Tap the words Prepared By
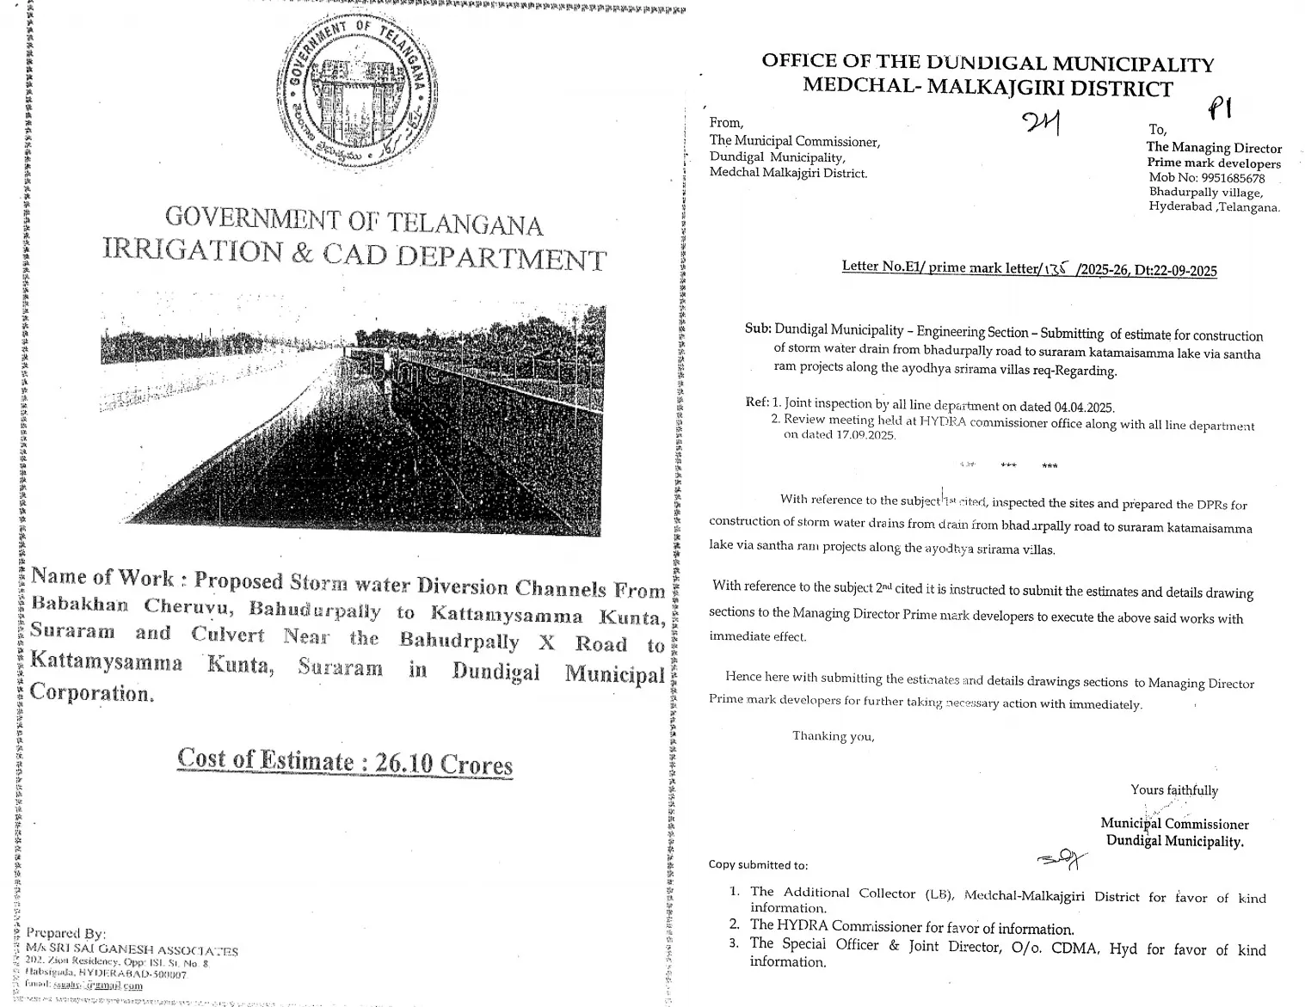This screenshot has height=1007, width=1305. click(66, 933)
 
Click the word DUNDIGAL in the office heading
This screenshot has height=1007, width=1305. click(985, 63)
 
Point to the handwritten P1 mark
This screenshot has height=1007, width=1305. click(1220, 110)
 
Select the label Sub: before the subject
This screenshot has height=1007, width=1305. click(758, 329)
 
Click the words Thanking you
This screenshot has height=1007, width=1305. click(833, 736)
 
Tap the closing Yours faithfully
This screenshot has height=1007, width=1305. click(1173, 790)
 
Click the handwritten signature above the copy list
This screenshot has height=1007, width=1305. click(1062, 858)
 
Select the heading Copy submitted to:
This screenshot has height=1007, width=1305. click(758, 865)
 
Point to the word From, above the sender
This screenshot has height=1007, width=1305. click(726, 123)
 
